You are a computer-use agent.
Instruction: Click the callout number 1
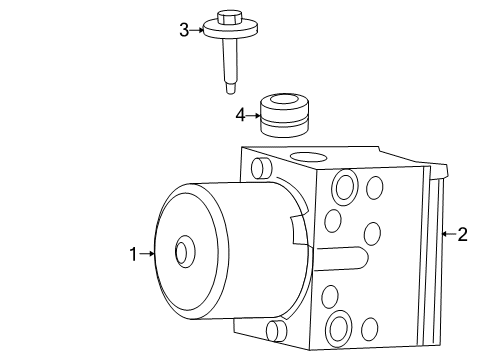point(133,254)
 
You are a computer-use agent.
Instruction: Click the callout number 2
point(462,235)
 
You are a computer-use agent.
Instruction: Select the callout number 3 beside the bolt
point(184,30)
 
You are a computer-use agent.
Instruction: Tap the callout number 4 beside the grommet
point(240,116)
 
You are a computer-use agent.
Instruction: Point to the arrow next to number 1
point(148,254)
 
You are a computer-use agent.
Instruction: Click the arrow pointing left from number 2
point(447,235)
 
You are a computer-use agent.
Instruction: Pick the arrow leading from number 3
point(198,30)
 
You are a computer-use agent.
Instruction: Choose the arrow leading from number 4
point(253,116)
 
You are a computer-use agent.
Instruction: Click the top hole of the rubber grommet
point(281,100)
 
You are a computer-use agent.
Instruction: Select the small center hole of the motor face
point(181,252)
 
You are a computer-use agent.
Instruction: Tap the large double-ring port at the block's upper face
point(346,186)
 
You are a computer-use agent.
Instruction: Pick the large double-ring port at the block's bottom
point(338,326)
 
